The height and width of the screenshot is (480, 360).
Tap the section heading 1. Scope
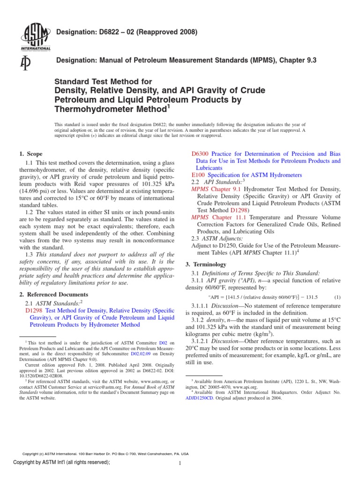coord(30,154)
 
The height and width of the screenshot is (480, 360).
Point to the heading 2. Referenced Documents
coord(53,294)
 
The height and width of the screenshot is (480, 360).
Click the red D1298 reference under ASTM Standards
coord(35,310)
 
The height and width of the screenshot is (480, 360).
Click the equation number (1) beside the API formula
coord(337,297)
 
